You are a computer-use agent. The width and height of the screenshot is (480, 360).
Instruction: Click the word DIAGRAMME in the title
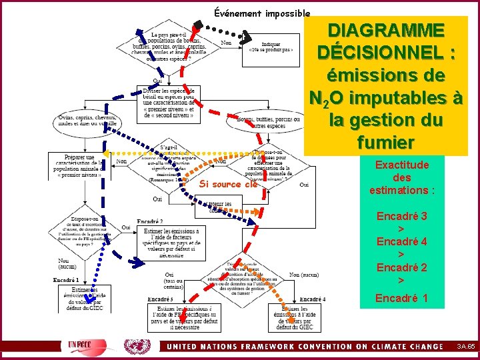[386, 31]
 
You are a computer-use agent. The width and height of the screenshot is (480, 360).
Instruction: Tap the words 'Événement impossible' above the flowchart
[262, 13]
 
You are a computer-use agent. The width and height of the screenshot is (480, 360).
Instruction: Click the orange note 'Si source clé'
[228, 184]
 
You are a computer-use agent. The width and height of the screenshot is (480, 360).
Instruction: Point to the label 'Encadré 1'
[66, 279]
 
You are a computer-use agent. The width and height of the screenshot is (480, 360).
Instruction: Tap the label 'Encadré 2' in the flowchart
[150, 221]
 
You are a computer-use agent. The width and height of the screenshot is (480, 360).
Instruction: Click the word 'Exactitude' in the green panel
[402, 165]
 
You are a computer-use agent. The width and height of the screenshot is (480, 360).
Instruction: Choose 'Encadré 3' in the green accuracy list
[401, 216]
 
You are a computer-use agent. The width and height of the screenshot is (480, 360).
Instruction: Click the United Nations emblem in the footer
[138, 346]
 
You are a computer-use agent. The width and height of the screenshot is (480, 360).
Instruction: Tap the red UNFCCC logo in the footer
[83, 346]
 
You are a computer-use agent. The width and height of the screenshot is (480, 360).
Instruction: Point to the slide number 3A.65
[465, 346]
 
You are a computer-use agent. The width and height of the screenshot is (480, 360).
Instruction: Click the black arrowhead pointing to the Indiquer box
[246, 34]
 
